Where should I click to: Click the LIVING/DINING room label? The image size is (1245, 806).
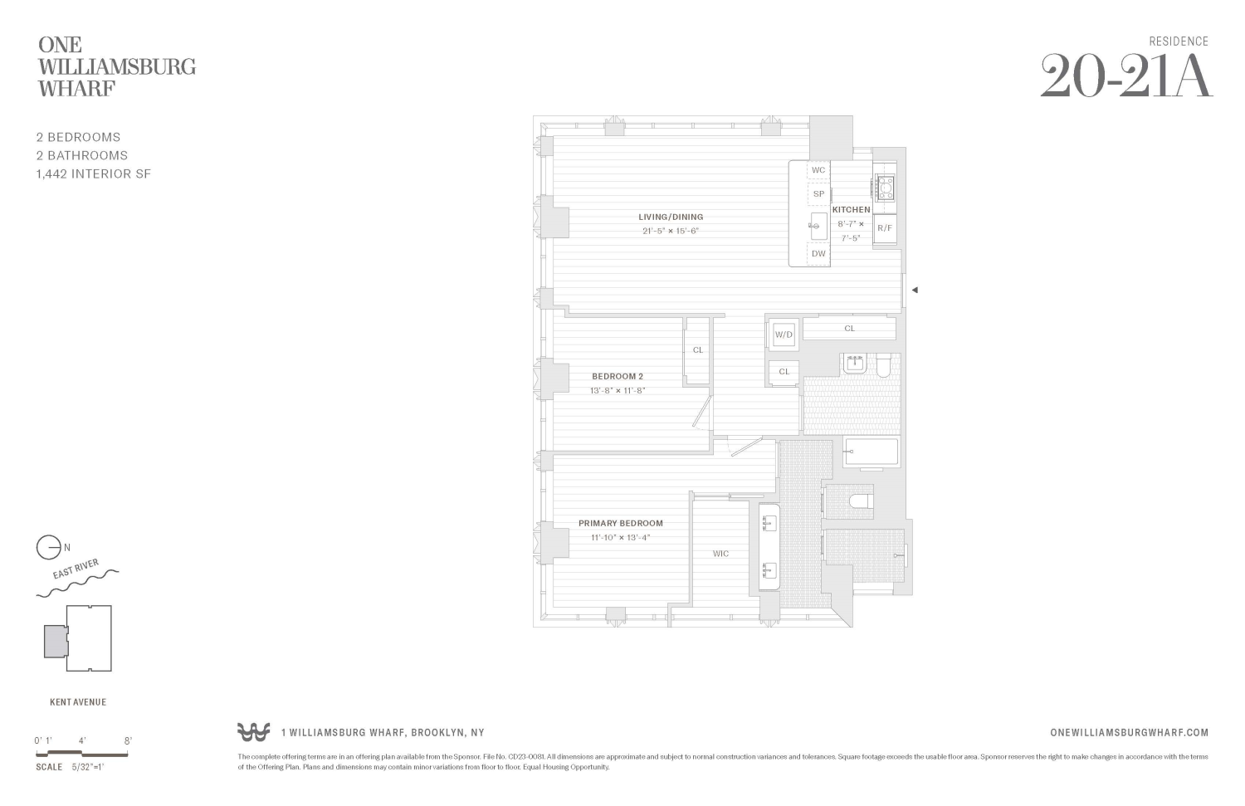coord(670,217)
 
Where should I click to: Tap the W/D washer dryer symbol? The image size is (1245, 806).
coord(784,335)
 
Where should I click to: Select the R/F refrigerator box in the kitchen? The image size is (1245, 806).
coord(885,227)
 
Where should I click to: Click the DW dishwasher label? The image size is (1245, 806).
coord(818,253)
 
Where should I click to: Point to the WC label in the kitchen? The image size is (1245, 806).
coord(818,170)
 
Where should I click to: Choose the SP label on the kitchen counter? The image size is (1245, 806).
coord(818,194)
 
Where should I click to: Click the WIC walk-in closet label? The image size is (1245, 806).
coord(720,554)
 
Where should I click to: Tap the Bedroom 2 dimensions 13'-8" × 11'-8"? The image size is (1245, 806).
coord(618,390)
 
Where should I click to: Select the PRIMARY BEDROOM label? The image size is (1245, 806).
coord(620,523)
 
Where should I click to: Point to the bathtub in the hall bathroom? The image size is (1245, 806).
coord(871,452)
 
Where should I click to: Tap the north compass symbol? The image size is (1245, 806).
coord(49,548)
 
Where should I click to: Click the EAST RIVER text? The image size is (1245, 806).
coord(76,569)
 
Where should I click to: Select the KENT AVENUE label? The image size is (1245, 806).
coord(78,702)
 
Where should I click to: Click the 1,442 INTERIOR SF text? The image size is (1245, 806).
coord(93,173)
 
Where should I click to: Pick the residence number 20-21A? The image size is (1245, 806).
coord(1125,77)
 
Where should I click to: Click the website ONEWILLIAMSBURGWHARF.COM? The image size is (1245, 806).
coord(1129,732)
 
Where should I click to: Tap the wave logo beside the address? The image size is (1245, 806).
coord(253,732)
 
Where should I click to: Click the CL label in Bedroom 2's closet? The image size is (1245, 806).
coord(697,349)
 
